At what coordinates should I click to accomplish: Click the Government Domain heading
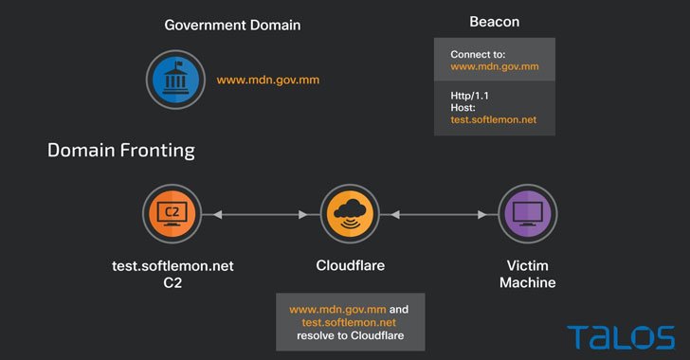(x=232, y=25)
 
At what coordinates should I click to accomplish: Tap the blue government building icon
(x=171, y=80)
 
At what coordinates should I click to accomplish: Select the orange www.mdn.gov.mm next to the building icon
(x=268, y=81)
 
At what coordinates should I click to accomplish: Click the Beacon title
(x=494, y=21)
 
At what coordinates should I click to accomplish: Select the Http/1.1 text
(x=470, y=96)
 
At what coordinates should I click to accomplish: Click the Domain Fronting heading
(x=121, y=150)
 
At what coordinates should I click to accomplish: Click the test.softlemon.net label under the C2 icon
(x=172, y=266)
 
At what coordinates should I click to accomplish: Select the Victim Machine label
(x=528, y=275)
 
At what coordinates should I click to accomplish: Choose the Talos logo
(x=621, y=336)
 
